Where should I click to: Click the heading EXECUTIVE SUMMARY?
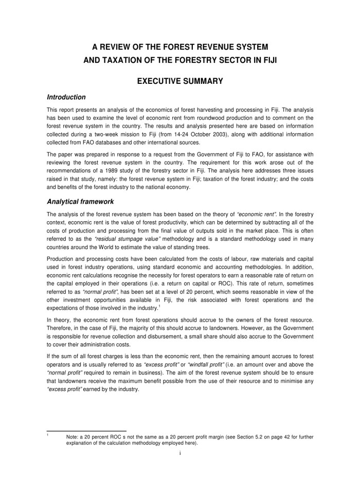[180, 80]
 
